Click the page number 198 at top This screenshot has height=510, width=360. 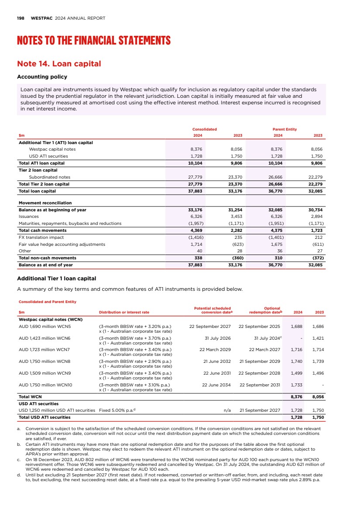[x=20, y=18]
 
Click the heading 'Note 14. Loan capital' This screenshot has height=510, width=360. [x=59, y=64]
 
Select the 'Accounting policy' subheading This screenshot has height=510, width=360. [x=42, y=77]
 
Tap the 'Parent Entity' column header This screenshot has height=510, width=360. [x=285, y=129]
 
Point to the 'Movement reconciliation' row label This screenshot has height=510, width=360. [x=45, y=203]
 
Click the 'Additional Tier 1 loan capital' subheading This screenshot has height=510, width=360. [x=56, y=278]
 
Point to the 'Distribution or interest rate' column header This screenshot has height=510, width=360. [x=124, y=312]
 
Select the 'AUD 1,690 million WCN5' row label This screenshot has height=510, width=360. [x=45, y=326]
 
